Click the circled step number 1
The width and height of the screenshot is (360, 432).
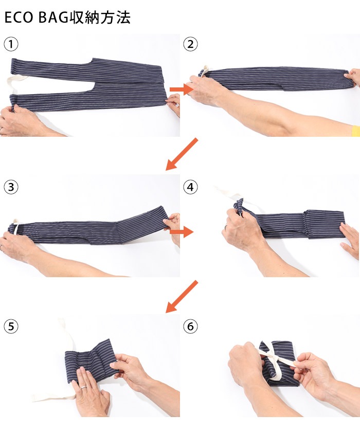(x=11, y=44)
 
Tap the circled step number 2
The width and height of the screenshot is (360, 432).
(x=190, y=44)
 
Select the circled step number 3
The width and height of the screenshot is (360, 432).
(x=11, y=187)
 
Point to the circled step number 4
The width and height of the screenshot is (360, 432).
(x=190, y=187)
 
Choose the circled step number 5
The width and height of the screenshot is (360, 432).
(x=11, y=327)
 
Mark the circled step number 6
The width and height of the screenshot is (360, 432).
(x=190, y=327)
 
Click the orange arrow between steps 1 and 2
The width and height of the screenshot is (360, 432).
(x=182, y=89)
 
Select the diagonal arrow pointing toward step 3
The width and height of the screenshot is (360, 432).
(x=182, y=154)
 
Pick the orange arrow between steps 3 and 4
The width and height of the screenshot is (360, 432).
(x=182, y=232)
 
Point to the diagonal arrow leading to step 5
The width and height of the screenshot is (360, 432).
(x=182, y=296)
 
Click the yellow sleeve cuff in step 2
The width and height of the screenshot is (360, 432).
(x=356, y=131)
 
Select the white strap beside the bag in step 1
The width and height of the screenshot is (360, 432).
(x=17, y=84)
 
